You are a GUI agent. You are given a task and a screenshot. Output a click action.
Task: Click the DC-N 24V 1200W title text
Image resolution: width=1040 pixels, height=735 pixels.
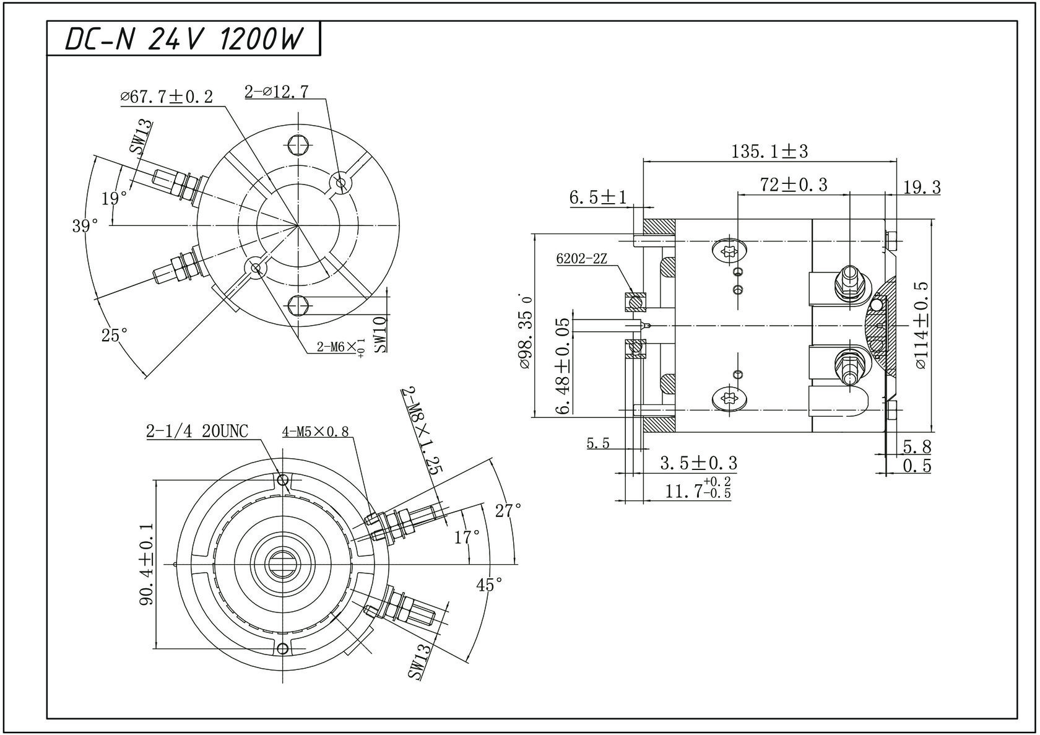pos(184,39)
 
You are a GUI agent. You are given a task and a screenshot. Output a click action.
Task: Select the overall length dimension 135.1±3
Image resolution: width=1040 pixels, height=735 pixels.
pos(769,151)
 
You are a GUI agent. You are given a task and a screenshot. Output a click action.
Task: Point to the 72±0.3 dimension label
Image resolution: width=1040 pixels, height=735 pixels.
pos(794,185)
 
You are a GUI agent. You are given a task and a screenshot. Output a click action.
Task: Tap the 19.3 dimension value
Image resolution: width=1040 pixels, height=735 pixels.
pos(922,187)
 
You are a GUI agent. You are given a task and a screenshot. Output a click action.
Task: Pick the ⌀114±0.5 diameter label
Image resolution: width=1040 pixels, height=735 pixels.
pos(921,325)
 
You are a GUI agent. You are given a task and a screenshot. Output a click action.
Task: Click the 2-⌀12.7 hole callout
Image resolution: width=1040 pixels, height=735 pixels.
pos(276,92)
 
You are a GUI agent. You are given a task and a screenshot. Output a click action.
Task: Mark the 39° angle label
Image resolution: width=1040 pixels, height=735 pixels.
pos(85,226)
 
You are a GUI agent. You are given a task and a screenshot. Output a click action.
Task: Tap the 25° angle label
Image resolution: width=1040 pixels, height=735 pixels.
pos(115,335)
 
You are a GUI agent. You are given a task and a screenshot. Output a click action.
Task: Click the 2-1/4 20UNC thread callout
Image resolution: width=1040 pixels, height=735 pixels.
pos(197,431)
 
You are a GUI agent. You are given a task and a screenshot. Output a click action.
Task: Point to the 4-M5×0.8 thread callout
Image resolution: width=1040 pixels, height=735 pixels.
pos(315,432)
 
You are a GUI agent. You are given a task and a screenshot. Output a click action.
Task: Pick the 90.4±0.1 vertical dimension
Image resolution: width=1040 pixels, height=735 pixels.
pos(147,564)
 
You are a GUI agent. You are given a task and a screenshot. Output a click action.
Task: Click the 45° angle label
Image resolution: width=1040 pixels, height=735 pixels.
pos(489,584)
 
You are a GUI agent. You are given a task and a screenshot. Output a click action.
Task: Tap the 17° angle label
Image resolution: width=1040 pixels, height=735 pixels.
pos(467,537)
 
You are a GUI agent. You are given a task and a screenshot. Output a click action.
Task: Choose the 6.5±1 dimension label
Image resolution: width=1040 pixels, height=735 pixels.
pos(597,198)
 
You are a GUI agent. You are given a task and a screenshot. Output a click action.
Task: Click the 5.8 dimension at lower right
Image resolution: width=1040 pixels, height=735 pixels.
pos(917,446)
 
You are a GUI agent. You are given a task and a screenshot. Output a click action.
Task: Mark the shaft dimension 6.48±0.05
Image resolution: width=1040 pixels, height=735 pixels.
pos(563,366)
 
